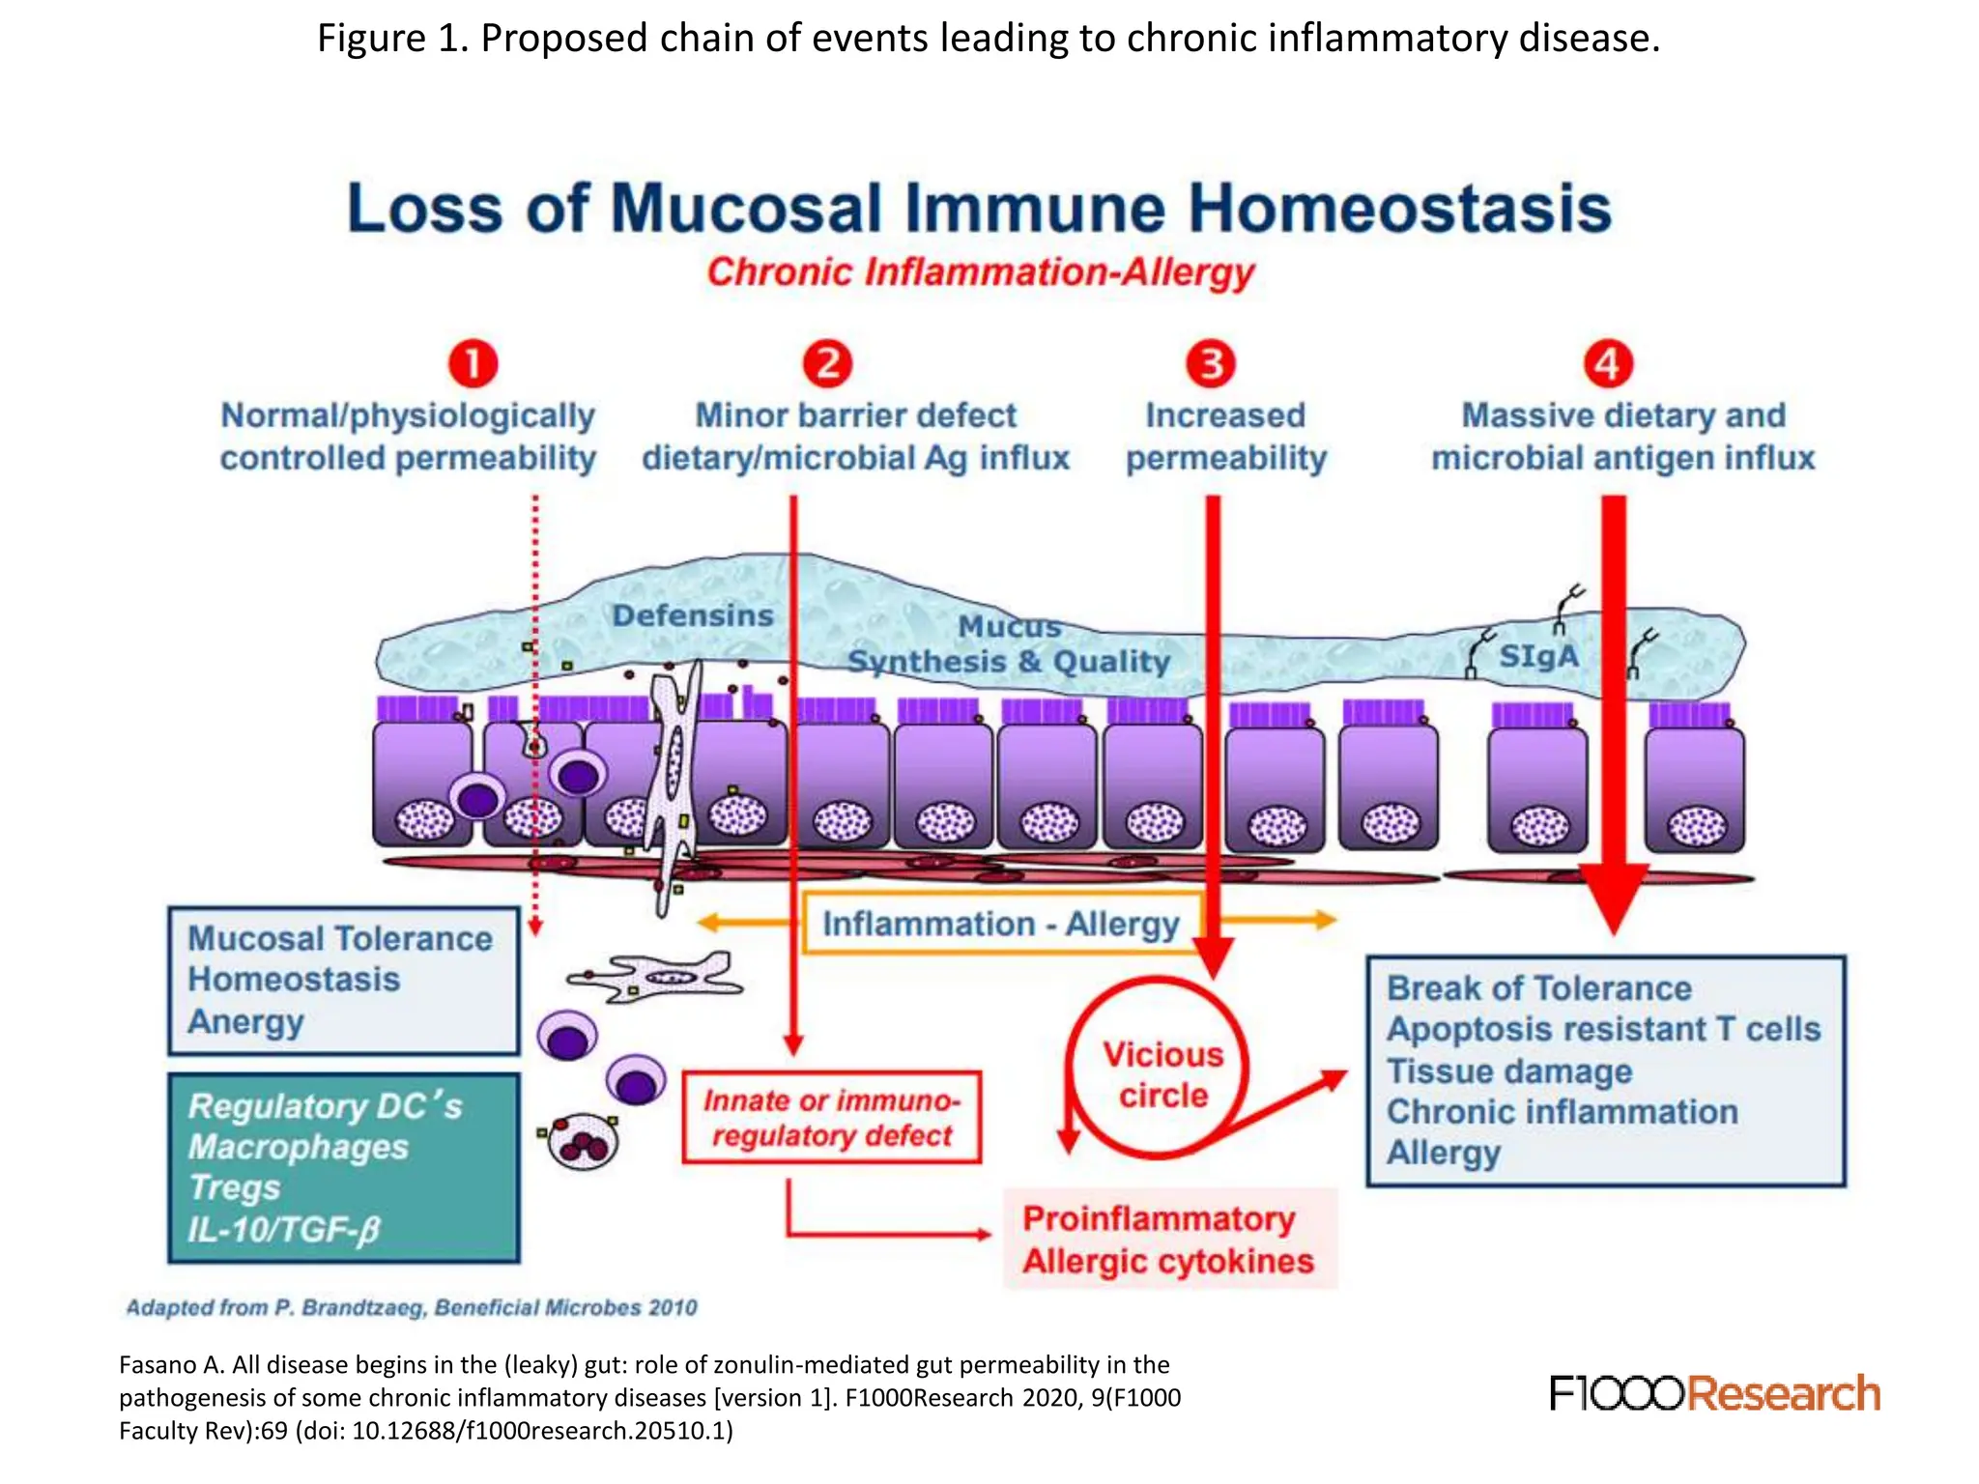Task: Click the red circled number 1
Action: [x=473, y=364]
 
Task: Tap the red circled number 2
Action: [x=828, y=364]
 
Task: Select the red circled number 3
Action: [x=1211, y=364]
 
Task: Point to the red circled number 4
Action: [x=1608, y=364]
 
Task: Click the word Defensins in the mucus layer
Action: [x=693, y=615]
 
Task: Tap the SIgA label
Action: [x=1538, y=656]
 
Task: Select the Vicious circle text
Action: [x=1162, y=1074]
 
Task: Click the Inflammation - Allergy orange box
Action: [x=1001, y=924]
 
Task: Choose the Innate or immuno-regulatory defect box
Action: [x=831, y=1117]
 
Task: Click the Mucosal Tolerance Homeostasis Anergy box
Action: [x=343, y=980]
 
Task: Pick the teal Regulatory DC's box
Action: [x=343, y=1167]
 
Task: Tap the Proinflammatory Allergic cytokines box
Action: [x=1168, y=1240]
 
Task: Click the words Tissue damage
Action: [x=1509, y=1071]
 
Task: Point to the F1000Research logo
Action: [x=1714, y=1393]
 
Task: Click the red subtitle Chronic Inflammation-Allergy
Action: [x=980, y=272]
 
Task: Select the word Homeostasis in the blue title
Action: [x=1399, y=208]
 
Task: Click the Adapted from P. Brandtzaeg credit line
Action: [x=412, y=1307]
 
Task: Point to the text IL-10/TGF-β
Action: [x=284, y=1229]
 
